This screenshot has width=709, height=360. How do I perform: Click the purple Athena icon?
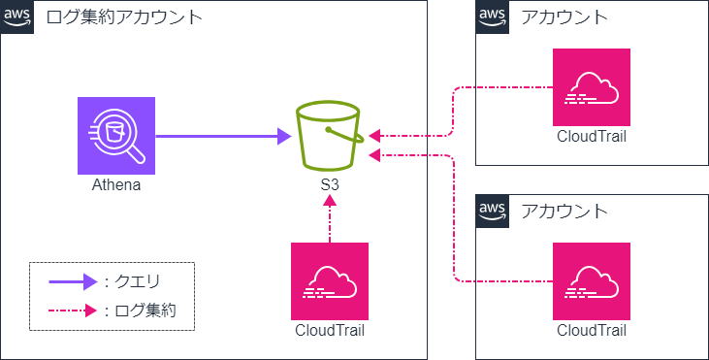click(x=116, y=135)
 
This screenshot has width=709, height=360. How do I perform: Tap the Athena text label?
click(x=116, y=184)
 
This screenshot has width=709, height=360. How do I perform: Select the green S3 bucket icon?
click(x=330, y=135)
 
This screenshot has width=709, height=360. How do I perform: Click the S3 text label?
click(x=330, y=184)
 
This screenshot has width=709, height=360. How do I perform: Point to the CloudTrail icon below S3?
click(x=330, y=280)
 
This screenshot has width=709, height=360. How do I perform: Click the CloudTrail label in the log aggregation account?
click(x=330, y=330)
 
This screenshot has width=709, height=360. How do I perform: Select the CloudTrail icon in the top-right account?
click(x=592, y=86)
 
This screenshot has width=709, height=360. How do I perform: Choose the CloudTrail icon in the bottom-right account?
click(x=592, y=280)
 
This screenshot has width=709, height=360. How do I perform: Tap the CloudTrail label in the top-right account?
click(x=592, y=136)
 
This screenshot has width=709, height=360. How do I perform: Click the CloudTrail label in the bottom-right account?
click(x=592, y=330)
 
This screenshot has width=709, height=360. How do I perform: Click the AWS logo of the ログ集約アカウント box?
click(x=16, y=16)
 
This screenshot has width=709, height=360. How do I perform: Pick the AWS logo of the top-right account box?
click(x=492, y=16)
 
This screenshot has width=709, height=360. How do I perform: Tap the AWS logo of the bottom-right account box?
click(x=492, y=211)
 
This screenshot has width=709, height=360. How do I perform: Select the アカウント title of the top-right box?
click(x=564, y=16)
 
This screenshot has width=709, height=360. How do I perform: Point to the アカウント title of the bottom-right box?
click(x=564, y=211)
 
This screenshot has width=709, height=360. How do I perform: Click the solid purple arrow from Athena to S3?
click(x=223, y=136)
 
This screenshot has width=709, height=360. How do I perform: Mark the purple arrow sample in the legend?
click(x=73, y=282)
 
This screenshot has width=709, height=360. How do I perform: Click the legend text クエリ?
click(x=137, y=282)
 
